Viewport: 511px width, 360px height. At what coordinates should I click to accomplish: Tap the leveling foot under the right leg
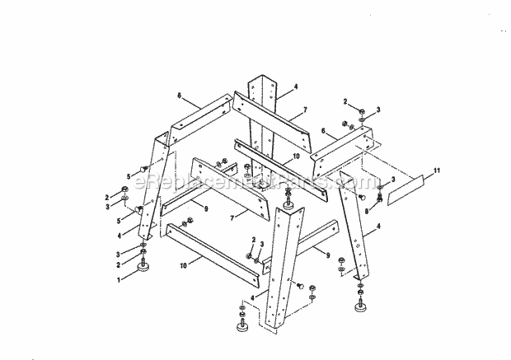tap(360, 308)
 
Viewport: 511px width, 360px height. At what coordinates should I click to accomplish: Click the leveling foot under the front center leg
tap(243, 328)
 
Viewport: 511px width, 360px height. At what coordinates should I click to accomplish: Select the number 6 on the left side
tap(177, 96)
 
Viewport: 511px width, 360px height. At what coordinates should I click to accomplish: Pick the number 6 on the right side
tap(324, 130)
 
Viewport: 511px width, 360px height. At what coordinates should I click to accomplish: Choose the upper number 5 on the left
tap(128, 176)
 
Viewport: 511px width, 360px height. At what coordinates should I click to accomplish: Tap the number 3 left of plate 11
tap(392, 180)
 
